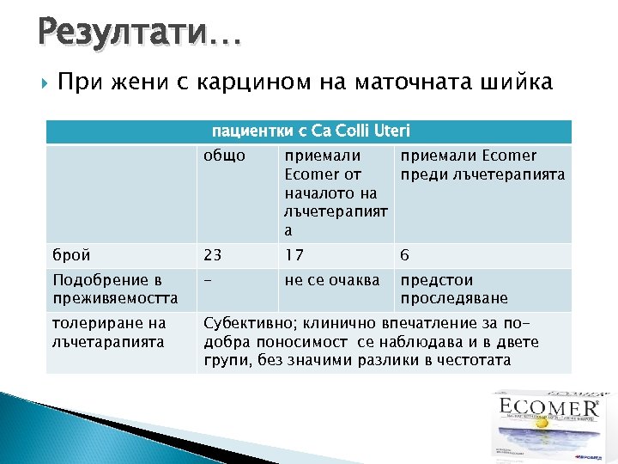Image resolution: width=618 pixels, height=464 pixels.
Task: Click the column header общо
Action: [x=224, y=156]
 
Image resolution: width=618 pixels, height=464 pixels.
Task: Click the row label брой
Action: [x=70, y=255]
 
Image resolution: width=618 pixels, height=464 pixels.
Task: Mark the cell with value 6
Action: [x=405, y=255]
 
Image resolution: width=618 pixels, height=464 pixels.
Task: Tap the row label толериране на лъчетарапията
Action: [x=109, y=333]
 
